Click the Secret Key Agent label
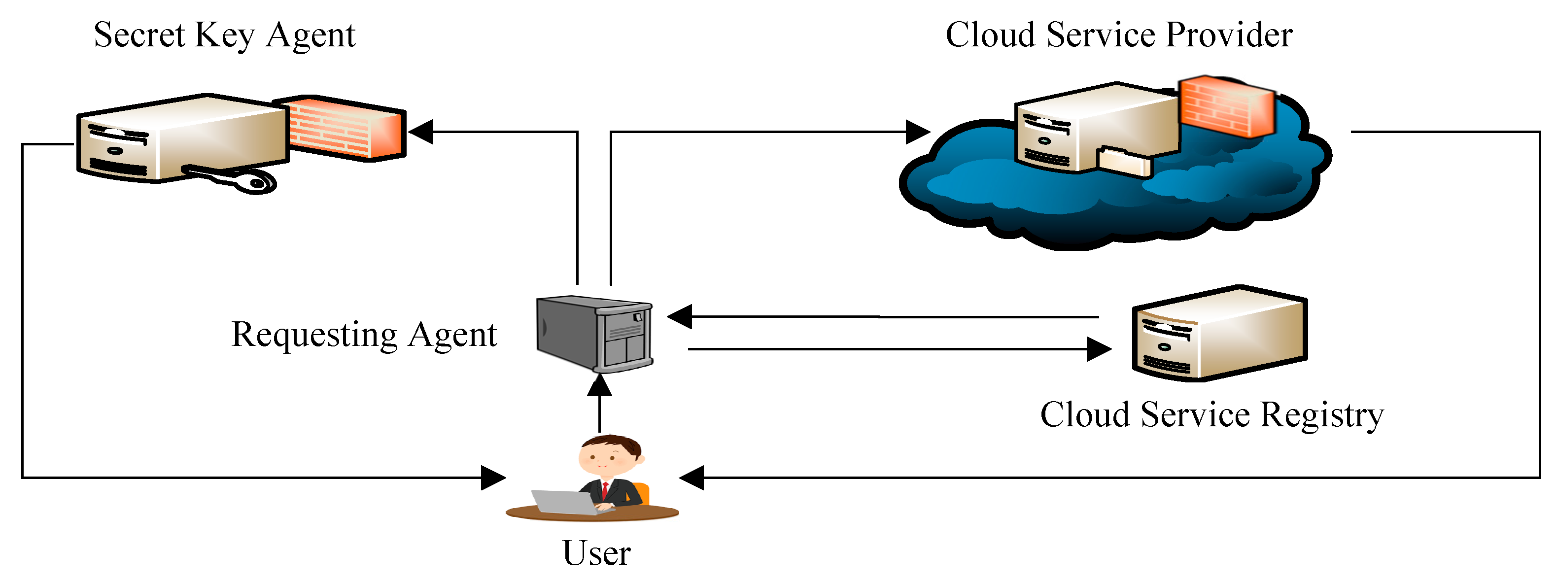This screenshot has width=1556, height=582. tap(224, 35)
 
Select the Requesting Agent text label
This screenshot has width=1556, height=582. tap(364, 335)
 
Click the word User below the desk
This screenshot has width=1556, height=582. tap(596, 553)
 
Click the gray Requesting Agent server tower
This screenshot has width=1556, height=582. tap(595, 334)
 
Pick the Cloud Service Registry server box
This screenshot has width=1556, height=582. tap(1219, 333)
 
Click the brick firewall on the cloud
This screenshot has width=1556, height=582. tap(1227, 107)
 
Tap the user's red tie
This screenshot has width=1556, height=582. tap(605, 490)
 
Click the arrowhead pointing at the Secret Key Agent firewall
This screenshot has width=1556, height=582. tap(421, 132)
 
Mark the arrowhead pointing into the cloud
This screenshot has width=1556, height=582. tap(918, 132)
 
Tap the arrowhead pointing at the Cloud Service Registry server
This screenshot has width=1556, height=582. tap(1099, 349)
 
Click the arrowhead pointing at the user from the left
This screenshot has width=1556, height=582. tap(493, 478)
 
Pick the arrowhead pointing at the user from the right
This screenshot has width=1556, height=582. tap(691, 478)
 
